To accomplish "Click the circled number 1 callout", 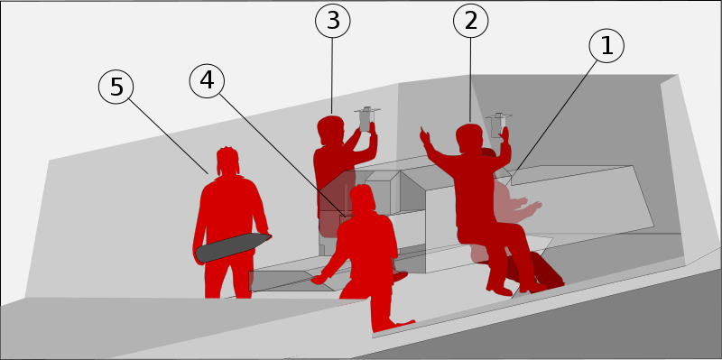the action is tap(606, 46).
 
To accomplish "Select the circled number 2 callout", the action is tap(470, 21).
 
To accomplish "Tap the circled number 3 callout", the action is tap(333, 21).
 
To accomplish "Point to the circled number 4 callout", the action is tap(207, 81).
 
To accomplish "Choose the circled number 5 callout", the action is tap(116, 87).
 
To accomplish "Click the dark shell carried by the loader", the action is tap(233, 247).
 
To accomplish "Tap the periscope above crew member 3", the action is tap(366, 120).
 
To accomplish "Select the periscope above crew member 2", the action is tap(497, 125).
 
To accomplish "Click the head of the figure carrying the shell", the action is tap(227, 162).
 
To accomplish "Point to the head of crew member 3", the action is tap(330, 130).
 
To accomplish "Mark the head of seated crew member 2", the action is tap(468, 137).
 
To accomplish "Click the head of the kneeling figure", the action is tap(364, 198).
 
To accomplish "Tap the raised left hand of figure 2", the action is tap(424, 136).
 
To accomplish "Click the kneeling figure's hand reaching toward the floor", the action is tap(319, 279).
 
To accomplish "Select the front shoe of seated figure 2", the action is tap(500, 291).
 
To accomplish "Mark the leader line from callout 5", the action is tap(169, 136).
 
